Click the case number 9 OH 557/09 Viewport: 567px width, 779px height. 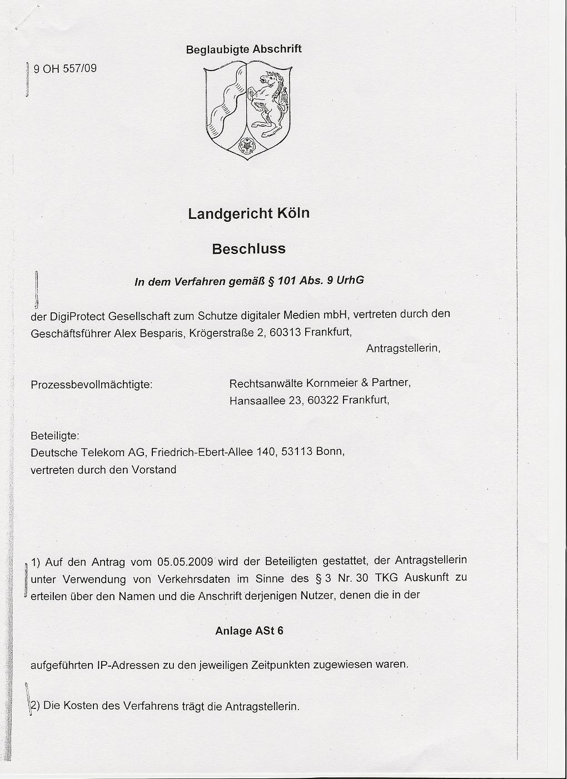(65, 69)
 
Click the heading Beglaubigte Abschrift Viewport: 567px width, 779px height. (243, 49)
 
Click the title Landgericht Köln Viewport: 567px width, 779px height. (248, 213)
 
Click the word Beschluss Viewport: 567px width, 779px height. (248, 248)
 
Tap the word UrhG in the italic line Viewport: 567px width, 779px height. (351, 279)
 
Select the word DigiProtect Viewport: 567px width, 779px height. (77, 317)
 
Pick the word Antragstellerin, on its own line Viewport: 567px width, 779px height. (403, 348)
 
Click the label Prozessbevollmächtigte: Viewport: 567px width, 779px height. (92, 384)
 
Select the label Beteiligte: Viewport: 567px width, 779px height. (55, 435)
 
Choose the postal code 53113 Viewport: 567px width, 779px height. (296, 451)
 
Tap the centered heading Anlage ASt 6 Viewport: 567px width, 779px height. (249, 631)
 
